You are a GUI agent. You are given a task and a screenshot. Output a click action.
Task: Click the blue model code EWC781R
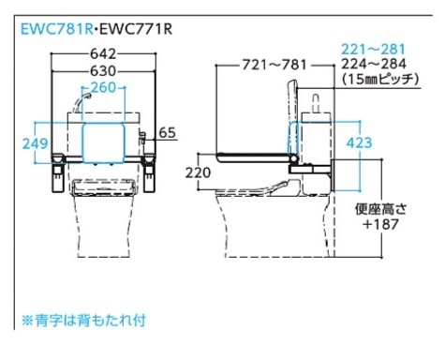57,29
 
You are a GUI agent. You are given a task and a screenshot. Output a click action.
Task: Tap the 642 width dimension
103,54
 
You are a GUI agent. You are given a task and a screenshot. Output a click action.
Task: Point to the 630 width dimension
103,71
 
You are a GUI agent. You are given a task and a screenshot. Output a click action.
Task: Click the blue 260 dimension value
103,87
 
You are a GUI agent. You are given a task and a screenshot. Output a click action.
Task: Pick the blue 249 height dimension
36,143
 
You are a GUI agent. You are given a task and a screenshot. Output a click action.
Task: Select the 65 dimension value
168,133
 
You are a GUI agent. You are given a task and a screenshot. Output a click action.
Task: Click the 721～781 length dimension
275,65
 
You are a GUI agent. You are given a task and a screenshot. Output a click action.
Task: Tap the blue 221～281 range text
374,50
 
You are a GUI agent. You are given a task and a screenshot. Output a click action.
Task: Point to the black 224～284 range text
374,64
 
